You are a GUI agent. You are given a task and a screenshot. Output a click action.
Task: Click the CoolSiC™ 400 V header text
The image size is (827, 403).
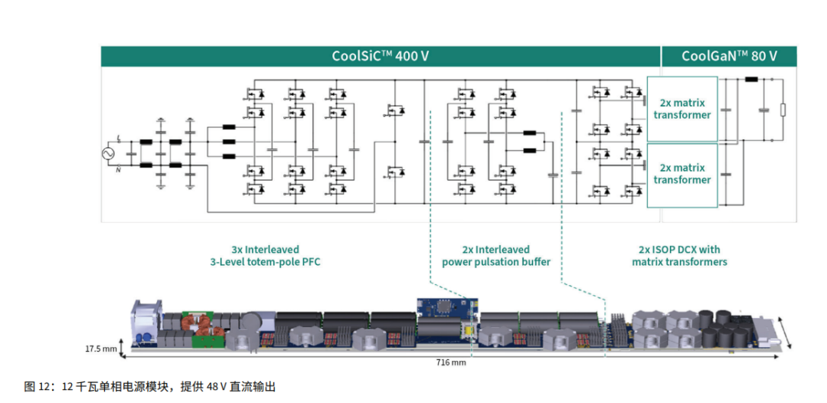pyautogui.click(x=381, y=56)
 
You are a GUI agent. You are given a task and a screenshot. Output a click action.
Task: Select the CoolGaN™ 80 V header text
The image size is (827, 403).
pyautogui.click(x=729, y=56)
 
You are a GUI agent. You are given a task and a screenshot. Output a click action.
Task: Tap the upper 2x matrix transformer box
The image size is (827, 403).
pyautogui.click(x=682, y=109)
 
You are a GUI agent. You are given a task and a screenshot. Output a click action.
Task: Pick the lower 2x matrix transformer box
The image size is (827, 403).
pyautogui.click(x=682, y=175)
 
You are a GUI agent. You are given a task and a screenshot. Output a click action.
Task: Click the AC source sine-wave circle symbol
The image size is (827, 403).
pyautogui.click(x=109, y=153)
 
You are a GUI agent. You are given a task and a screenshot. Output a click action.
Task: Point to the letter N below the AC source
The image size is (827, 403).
pyautogui.click(x=119, y=170)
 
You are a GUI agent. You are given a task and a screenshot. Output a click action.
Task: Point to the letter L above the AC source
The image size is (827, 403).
pyautogui.click(x=119, y=138)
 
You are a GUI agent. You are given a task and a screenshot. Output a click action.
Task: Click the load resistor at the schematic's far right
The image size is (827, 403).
pyautogui.click(x=783, y=110)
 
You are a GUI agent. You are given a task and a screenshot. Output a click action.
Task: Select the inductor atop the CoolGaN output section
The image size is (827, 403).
pyautogui.click(x=751, y=80)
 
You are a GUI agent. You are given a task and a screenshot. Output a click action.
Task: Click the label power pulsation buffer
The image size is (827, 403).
pyautogui.click(x=495, y=261)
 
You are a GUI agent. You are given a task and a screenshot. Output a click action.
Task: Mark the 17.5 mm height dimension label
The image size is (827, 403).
pyautogui.click(x=99, y=349)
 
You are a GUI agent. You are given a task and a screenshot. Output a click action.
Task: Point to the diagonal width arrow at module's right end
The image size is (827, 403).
pyautogui.click(x=786, y=333)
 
